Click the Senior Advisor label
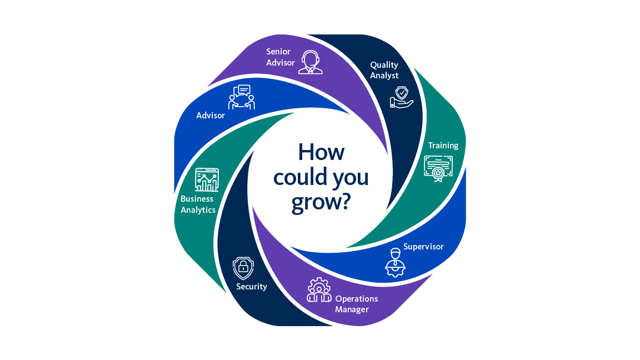[x=281, y=57]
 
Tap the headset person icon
[x=311, y=62]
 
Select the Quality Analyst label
[x=384, y=70]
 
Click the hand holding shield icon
[x=402, y=97]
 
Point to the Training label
[x=443, y=146]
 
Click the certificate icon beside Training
[x=438, y=168]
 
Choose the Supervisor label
[x=423, y=247]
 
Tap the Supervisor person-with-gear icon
[x=395, y=262]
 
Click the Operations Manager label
[x=356, y=304]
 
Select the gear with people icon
[x=319, y=290]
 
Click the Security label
[x=252, y=287]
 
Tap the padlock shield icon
[x=243, y=268]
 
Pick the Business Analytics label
[x=198, y=204]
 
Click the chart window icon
[x=207, y=179]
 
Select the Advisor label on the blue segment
[x=210, y=116]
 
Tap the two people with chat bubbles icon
[x=242, y=97]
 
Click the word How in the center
[x=321, y=152]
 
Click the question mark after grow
[x=346, y=201]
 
